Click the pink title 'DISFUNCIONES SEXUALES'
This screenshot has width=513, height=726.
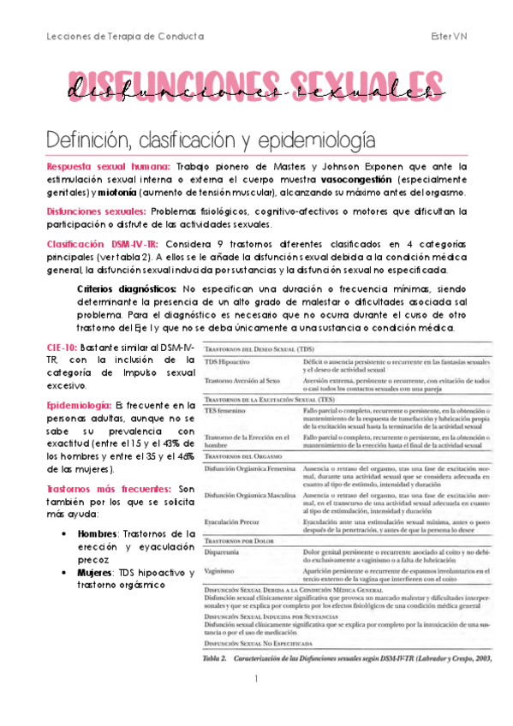pyautogui.click(x=256, y=86)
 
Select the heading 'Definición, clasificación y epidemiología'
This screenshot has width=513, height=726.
pyautogui.click(x=209, y=138)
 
